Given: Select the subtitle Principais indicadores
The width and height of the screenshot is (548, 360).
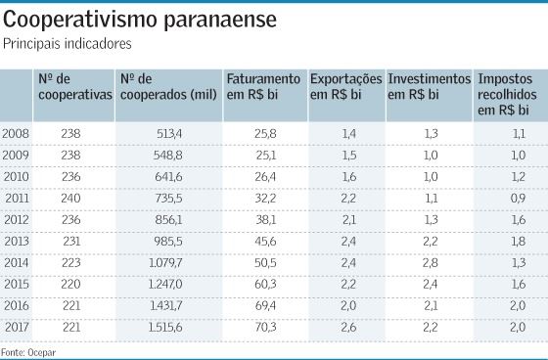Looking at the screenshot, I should (x=67, y=43).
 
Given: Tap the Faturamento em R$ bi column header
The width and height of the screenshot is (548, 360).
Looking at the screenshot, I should (x=262, y=86).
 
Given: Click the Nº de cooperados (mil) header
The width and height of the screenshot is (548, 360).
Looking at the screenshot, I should (x=161, y=86).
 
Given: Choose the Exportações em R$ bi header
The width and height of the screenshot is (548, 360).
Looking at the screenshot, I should (x=345, y=86).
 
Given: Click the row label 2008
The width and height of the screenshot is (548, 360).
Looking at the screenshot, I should (x=16, y=132).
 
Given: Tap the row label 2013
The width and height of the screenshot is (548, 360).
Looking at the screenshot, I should (x=16, y=240).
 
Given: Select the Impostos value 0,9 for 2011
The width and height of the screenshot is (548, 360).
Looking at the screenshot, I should (x=519, y=197).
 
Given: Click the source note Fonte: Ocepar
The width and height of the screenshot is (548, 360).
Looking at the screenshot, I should (x=25, y=349).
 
